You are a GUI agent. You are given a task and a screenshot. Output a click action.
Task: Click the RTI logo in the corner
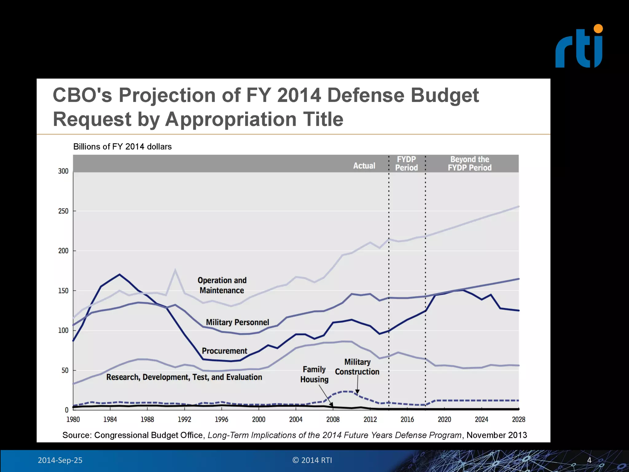pos(579,47)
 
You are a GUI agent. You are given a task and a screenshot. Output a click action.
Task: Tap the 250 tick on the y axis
pos(63,211)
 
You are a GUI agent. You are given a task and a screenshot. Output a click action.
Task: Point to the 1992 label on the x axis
pos(184,419)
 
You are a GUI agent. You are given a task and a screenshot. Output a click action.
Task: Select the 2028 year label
pos(518,419)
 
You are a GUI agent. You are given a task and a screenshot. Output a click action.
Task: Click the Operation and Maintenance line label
pos(222,285)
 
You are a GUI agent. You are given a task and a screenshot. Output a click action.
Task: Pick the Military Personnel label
pos(237,322)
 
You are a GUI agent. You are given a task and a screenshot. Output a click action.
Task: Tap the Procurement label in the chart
pos(224,351)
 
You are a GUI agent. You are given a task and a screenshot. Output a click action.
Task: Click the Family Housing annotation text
pos(314,374)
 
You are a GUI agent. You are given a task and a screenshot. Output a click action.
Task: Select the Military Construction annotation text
pos(357,367)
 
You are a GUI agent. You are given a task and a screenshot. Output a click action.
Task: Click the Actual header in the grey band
pos(364,166)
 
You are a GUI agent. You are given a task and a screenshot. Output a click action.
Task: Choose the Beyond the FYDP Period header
pos(470,163)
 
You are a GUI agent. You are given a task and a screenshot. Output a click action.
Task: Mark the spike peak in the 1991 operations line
pos(175,270)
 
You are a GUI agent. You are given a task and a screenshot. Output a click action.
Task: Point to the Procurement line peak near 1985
pos(119,274)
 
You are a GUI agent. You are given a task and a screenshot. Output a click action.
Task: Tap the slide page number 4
pos(589,460)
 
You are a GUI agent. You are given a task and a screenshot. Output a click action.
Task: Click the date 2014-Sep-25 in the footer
pos(60,460)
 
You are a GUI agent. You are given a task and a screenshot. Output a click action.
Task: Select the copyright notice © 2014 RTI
pos(312,460)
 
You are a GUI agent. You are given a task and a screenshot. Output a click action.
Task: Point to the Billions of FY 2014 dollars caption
pos(122,147)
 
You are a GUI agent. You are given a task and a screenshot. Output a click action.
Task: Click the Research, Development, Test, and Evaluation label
pos(184,377)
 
